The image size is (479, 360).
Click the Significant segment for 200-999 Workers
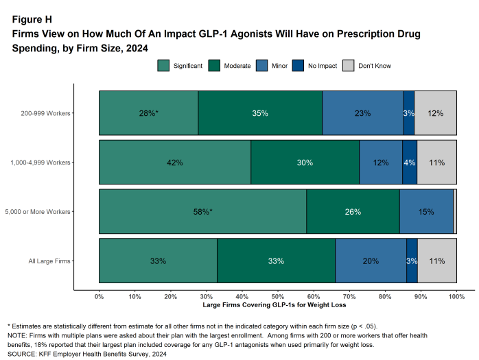[x=148, y=113]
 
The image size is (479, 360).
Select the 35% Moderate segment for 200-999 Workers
[x=260, y=113]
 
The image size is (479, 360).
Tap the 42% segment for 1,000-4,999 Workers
[x=174, y=163]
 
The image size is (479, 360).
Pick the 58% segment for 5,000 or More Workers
[x=202, y=212]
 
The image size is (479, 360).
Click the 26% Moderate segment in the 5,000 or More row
[x=353, y=212]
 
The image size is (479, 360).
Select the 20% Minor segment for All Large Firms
[x=371, y=261]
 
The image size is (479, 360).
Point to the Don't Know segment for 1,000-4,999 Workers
[x=437, y=163]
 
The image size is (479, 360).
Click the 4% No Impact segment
[x=410, y=163]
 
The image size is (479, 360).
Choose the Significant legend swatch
[x=163, y=66]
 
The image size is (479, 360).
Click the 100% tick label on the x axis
[x=456, y=296]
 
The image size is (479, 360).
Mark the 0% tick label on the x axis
[x=99, y=296]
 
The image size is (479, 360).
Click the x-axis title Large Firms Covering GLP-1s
[x=277, y=304]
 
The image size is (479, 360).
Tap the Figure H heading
[x=32, y=19]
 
